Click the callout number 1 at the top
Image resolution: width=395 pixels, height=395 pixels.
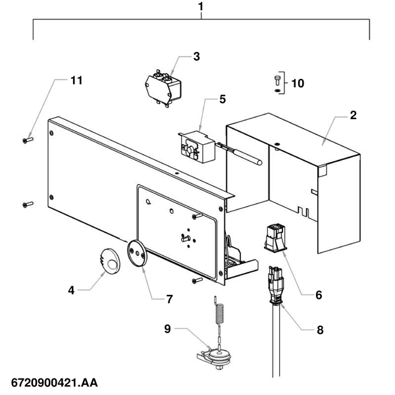pos(201,7)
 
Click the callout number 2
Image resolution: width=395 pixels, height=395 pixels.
pos(353,115)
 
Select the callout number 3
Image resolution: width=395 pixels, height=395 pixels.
pos(196,57)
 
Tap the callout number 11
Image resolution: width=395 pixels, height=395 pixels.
pos(76,80)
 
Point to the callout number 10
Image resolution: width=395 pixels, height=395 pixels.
pos(298,83)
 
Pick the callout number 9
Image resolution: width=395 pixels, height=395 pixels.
pos(167,329)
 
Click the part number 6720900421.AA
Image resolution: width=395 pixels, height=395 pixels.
pos(55,383)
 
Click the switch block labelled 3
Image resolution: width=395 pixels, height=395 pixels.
pos(163,88)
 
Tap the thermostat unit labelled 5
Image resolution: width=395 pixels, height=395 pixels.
pos(197,147)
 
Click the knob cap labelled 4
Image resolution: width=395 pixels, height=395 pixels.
pos(110,261)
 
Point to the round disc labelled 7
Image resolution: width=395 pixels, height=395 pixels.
pos(137,253)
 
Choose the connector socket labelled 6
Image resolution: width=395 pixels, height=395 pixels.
pos(275,238)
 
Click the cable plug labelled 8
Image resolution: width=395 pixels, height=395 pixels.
pos(276,285)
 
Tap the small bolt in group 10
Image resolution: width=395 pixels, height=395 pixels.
pos(277,80)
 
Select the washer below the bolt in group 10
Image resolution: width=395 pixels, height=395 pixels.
pos(277,90)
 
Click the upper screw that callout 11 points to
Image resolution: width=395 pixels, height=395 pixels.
pos(28,140)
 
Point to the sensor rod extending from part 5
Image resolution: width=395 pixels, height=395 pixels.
pos(240,154)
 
